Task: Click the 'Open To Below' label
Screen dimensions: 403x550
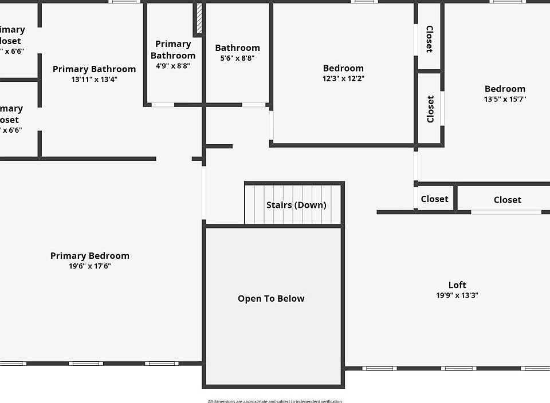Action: pyautogui.click(x=271, y=298)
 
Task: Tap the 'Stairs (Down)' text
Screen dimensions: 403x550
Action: pyautogui.click(x=296, y=205)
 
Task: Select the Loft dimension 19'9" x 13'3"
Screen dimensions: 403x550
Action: pyautogui.click(x=457, y=295)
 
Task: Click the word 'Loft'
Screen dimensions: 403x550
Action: pyautogui.click(x=457, y=285)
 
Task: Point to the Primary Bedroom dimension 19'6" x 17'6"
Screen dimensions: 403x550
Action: pyautogui.click(x=89, y=266)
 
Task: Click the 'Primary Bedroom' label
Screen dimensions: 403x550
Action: pyautogui.click(x=89, y=255)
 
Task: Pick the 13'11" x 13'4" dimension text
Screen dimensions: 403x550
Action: pyautogui.click(x=94, y=80)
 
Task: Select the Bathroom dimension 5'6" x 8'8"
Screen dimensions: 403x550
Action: pyautogui.click(x=237, y=58)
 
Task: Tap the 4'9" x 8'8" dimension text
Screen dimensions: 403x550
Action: pyautogui.click(x=172, y=66)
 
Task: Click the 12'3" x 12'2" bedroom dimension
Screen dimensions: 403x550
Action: pyautogui.click(x=343, y=78)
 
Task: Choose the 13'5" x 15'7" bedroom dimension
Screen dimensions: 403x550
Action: pyautogui.click(x=505, y=99)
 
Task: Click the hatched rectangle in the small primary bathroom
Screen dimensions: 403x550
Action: pyautogui.click(x=199, y=19)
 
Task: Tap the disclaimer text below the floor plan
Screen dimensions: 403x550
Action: pyautogui.click(x=274, y=401)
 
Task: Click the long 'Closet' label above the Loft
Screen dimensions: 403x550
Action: pyautogui.click(x=507, y=200)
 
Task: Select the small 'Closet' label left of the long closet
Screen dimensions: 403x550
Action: pyautogui.click(x=434, y=199)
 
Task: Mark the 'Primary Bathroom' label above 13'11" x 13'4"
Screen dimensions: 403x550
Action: pyautogui.click(x=94, y=69)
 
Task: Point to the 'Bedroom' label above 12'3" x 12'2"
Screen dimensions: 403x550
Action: pyautogui.click(x=343, y=68)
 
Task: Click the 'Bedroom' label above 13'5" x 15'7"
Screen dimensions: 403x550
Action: pyautogui.click(x=505, y=89)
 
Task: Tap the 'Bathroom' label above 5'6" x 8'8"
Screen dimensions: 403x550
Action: pyautogui.click(x=237, y=48)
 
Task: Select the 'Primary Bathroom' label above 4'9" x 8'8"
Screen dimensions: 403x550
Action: pyautogui.click(x=172, y=50)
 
